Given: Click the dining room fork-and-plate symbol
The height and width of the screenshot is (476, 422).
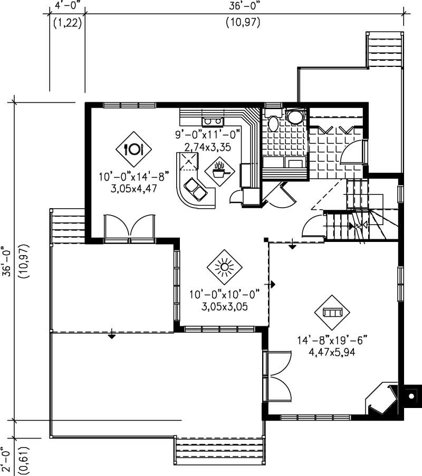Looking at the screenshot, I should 133,149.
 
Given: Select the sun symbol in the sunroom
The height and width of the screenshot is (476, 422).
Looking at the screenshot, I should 225,268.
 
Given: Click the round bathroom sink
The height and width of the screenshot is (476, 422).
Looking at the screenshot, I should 295,116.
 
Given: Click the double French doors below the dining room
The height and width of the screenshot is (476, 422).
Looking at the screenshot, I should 130,228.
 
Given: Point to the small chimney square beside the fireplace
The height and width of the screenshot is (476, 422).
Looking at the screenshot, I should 411,395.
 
